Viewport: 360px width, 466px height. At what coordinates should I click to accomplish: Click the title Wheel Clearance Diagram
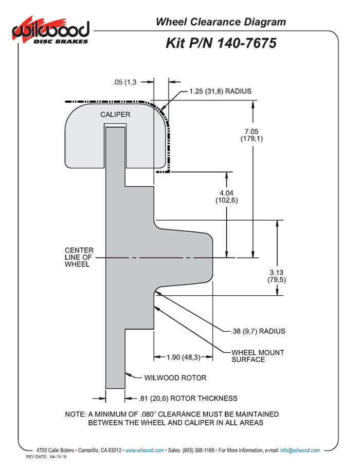tap(221, 22)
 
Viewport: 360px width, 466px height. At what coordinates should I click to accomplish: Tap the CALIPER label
tap(115, 114)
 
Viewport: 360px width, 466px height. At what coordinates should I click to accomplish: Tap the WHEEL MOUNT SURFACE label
tap(258, 355)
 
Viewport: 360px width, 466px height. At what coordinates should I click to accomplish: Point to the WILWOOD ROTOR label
tap(175, 378)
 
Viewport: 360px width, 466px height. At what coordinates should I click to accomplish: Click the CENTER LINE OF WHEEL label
tap(79, 257)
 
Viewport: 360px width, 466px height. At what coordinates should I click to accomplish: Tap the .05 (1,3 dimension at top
tap(124, 82)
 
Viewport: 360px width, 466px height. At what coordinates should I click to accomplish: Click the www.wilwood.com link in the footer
tap(145, 450)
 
